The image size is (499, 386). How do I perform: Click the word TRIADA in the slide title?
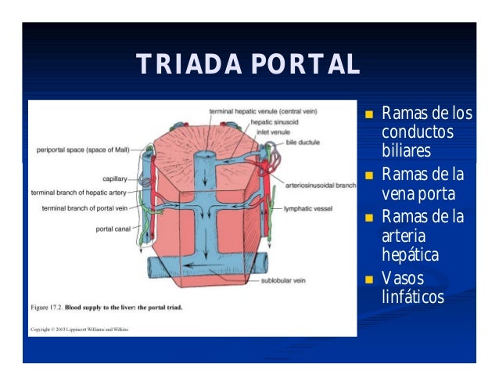click(x=181, y=64)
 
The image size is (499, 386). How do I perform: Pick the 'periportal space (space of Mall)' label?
click(x=83, y=149)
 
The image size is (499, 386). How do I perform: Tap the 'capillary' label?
click(x=115, y=179)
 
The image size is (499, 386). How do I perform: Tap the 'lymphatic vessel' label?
click(x=308, y=209)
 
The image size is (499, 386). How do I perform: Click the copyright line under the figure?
click(x=79, y=330)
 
